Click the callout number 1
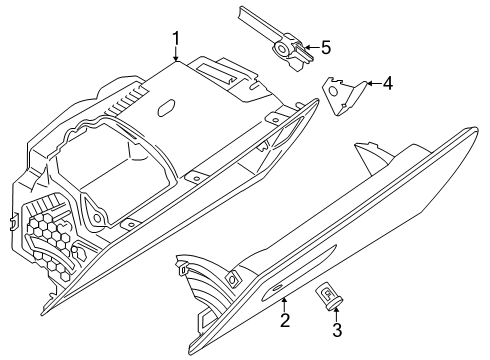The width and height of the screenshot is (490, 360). click(175, 39)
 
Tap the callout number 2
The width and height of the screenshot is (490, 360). click(285, 320)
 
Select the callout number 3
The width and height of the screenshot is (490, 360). click(337, 330)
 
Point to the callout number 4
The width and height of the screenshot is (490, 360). click(388, 83)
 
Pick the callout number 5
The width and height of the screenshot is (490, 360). click(326, 47)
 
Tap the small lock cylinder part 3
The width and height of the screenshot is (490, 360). click(328, 296)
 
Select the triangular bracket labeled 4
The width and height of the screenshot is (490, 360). click(343, 96)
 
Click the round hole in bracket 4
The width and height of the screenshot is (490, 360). click(332, 90)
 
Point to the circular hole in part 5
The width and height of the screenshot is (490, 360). click(282, 50)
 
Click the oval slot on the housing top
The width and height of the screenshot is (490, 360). click(166, 108)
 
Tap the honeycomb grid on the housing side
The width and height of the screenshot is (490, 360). click(50, 245)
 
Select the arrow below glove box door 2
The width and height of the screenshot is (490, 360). click(284, 304)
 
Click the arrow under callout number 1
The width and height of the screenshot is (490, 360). click(176, 54)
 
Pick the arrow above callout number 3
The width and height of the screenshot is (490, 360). click(336, 314)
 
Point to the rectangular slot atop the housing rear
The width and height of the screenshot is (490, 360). click(216, 74)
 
